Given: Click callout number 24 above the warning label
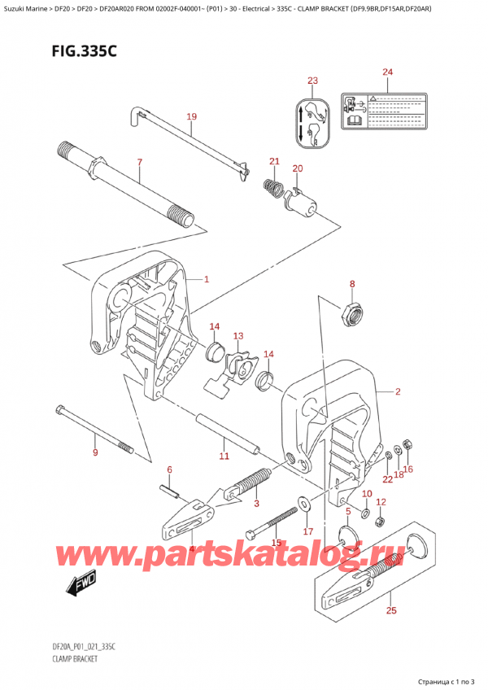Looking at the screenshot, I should click(x=387, y=73).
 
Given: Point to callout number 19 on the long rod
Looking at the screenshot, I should click(x=191, y=117).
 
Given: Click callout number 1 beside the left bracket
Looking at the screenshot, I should click(x=207, y=280).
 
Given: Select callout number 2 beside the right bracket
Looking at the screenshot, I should click(x=398, y=393).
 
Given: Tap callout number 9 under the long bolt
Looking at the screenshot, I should click(x=95, y=452).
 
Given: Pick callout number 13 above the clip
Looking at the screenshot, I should click(x=238, y=336).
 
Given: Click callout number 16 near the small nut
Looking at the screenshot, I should click(x=408, y=469).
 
